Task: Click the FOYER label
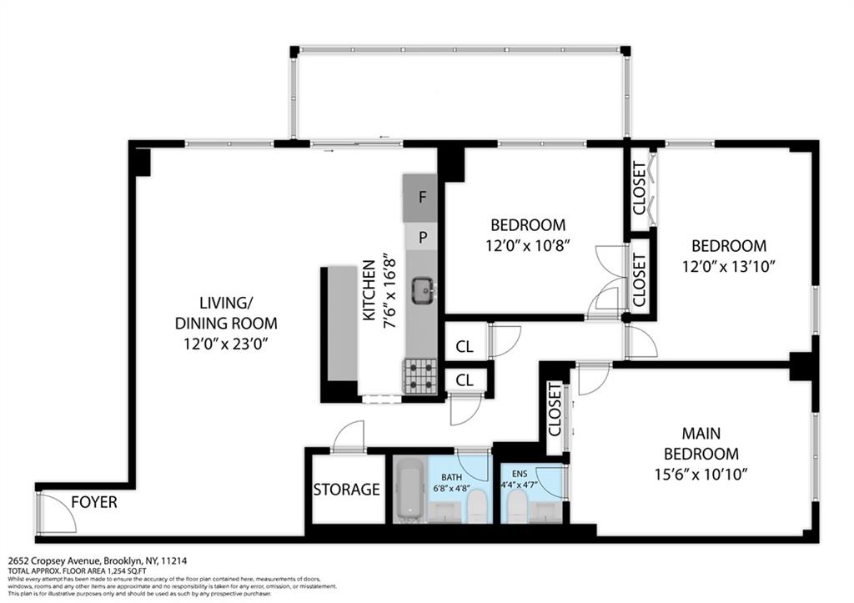point(93,503)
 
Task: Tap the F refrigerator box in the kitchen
point(423,198)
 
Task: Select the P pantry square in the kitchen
point(423,238)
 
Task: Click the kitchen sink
point(423,289)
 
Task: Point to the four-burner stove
point(421,375)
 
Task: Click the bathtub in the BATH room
point(409,490)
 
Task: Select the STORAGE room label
point(347,490)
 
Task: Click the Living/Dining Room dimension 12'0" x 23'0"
point(226,343)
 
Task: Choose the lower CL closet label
point(465,380)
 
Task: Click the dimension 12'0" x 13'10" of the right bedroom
point(728,266)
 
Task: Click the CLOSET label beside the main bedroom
point(555,410)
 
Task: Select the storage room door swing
point(349,436)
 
